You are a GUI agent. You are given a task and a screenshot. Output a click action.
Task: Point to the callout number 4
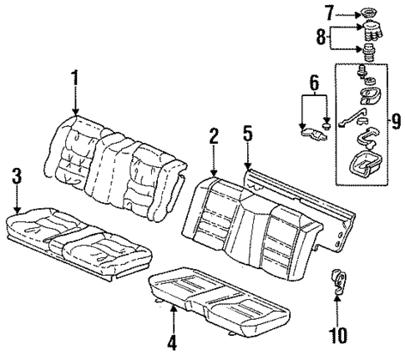(x=173, y=340)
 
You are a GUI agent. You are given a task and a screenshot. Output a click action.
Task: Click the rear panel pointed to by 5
(x=326, y=213)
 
